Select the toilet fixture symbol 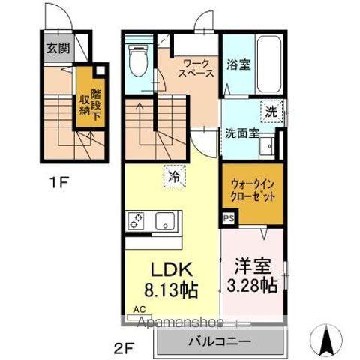coord(138,60)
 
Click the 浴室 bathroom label coord(239,64)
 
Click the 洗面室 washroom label coord(243,133)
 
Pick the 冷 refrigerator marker coord(173,177)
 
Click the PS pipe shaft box coord(227,219)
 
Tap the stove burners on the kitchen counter coord(138,220)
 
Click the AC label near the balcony coord(139,308)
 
